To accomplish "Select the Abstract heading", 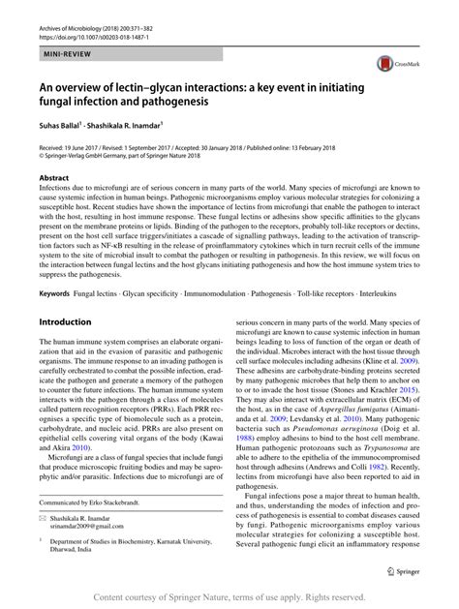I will [54, 179].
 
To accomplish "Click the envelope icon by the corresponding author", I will [44, 521].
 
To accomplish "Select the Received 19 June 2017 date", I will [78, 144].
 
